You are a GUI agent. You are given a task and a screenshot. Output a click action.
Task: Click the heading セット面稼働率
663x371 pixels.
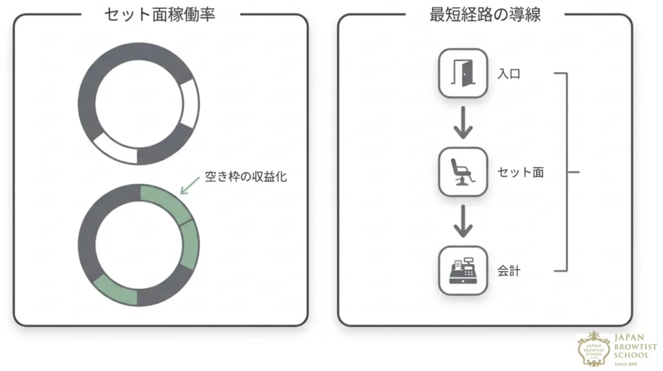coord(160,15)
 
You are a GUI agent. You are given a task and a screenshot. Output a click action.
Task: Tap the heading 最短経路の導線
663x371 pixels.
coord(485,15)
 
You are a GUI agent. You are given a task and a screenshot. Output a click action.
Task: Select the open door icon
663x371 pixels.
coord(463,73)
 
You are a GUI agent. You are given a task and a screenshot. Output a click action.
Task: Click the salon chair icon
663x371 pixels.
coord(462,172)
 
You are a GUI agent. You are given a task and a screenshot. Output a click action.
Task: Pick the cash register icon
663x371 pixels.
coord(463,270)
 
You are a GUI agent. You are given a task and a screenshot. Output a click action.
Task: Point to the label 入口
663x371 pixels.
coord(509,74)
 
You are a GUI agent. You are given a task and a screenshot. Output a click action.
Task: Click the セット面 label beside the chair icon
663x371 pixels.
coord(521,173)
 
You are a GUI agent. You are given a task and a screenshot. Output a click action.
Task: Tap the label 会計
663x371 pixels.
coord(509,271)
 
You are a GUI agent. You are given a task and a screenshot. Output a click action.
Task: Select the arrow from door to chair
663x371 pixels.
coord(463,123)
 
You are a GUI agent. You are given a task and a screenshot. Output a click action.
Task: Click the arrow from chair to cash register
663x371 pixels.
coord(463,222)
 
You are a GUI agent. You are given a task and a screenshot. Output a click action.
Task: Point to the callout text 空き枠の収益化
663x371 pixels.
coord(245,176)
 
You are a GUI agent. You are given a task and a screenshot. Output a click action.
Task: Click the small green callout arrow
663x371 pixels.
coord(190,186)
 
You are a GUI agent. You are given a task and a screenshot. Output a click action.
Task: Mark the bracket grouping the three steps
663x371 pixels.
coord(567,172)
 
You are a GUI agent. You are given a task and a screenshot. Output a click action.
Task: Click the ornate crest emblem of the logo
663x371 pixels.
coord(594,349)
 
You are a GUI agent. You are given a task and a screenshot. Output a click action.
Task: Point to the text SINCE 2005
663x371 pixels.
coord(626,364)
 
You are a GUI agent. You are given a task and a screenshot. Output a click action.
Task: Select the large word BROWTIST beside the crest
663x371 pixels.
coord(636,347)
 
